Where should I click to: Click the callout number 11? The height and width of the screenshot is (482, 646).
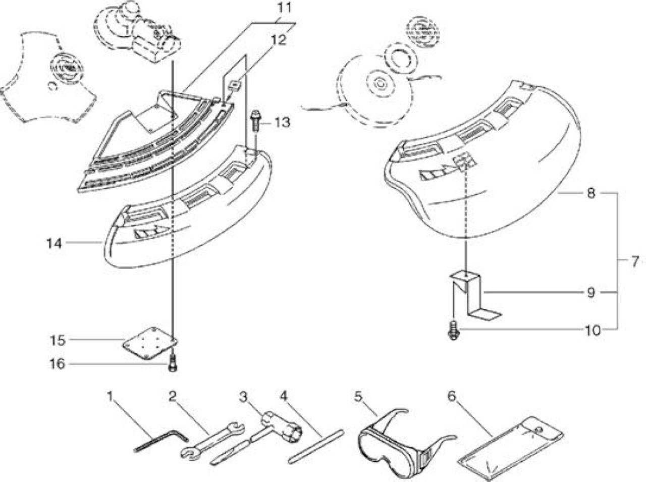(x=285, y=8)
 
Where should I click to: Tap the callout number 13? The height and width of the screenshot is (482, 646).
(x=282, y=123)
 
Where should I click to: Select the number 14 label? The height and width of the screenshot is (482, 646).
(x=54, y=244)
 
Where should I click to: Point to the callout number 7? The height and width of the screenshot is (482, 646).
(x=634, y=261)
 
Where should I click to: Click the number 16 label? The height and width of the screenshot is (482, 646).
(x=57, y=364)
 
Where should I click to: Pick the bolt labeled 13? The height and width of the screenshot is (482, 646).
(x=256, y=121)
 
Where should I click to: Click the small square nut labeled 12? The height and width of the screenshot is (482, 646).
(x=236, y=86)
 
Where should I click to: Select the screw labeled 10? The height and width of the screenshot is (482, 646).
(x=454, y=331)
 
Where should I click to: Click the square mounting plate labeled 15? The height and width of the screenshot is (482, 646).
(x=150, y=343)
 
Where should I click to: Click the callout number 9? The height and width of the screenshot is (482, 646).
(x=590, y=293)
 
